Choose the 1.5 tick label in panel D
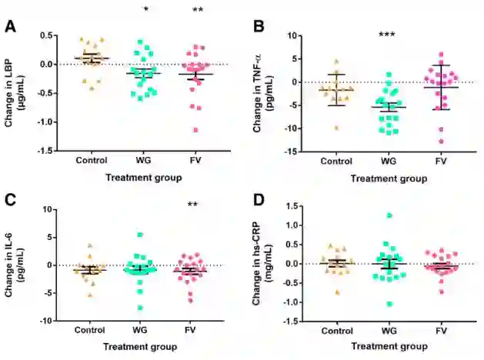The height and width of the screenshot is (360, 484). click(x=292, y=206)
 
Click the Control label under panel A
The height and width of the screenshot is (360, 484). click(x=92, y=161)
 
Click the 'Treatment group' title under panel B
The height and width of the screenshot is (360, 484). click(x=389, y=178)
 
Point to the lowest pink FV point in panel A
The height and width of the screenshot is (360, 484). click(x=195, y=129)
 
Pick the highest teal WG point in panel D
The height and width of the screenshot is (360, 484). click(x=389, y=215)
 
